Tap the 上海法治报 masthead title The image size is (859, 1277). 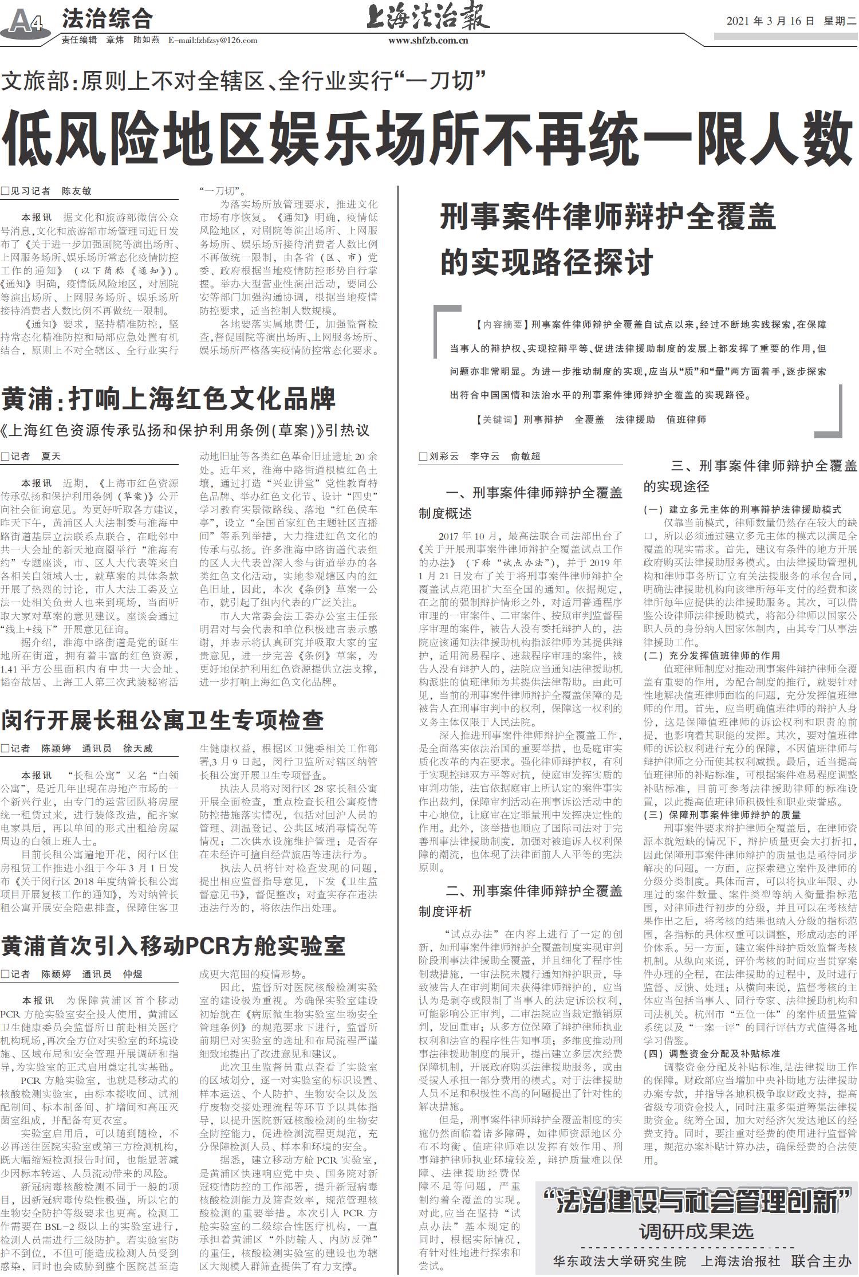pos(428,17)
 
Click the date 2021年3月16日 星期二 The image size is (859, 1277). pos(791,21)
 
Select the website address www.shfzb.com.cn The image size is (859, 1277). pos(428,41)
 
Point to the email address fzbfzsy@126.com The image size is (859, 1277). pos(212,41)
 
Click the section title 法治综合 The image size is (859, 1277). pos(107,18)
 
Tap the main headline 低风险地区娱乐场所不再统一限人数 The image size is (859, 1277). pos(428,138)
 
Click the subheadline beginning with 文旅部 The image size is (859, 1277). pos(243,81)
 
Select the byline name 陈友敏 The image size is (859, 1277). pos(76,191)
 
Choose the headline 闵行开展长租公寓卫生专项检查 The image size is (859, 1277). pos(163,720)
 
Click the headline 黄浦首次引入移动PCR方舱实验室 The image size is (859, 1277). pos(173,946)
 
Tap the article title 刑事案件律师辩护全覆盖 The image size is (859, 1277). pos(608,218)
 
